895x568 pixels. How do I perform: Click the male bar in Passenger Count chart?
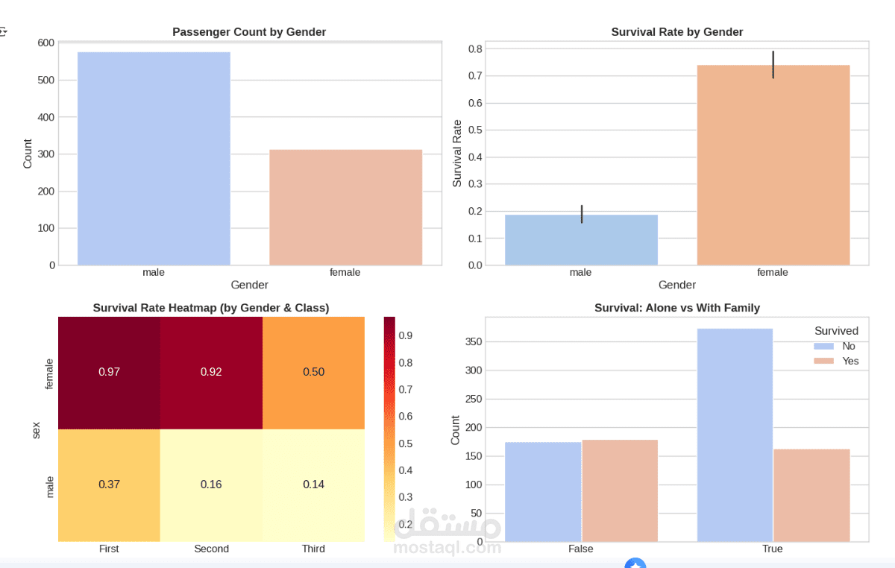point(154,158)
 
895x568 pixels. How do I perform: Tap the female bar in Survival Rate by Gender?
point(773,165)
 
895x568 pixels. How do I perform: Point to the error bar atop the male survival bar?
point(581,214)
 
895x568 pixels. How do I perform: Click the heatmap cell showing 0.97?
point(109,372)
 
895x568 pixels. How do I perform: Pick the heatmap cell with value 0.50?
point(313,372)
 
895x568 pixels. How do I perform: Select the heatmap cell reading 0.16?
point(211,485)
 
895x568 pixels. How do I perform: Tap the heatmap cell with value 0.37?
point(109,485)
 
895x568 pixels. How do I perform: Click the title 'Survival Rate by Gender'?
point(676,32)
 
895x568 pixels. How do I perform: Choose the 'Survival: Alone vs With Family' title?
point(676,308)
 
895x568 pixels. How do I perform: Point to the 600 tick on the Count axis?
point(46,43)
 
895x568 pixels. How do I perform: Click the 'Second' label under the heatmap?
point(211,549)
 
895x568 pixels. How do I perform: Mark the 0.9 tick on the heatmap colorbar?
point(405,335)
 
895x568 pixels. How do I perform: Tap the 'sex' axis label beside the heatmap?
point(36,429)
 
